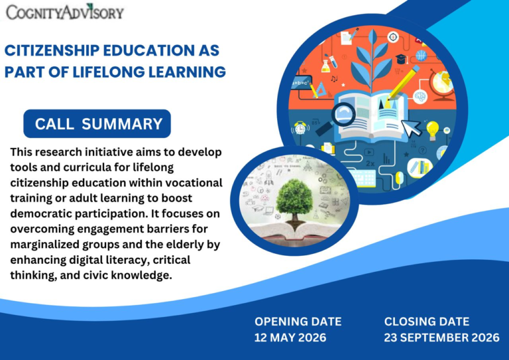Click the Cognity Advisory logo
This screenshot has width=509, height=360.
pyautogui.click(x=65, y=12)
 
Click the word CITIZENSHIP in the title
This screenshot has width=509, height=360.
pyautogui.click(x=52, y=50)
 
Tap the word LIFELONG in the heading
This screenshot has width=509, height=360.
pyautogui.click(x=109, y=72)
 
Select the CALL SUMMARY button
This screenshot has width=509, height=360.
pyautogui.click(x=97, y=124)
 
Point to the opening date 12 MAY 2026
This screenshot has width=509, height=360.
pyautogui.click(x=290, y=337)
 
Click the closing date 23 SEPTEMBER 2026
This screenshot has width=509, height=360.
pyautogui.click(x=441, y=337)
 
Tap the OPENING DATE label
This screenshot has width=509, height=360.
pyautogui.click(x=298, y=322)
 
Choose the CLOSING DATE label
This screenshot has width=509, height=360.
pyautogui.click(x=427, y=322)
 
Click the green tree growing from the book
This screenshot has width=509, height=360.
pyautogui.click(x=294, y=199)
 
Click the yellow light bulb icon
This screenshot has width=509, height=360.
pyautogui.click(x=432, y=131)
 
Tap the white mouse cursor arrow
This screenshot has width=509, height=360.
pyautogui.click(x=411, y=128)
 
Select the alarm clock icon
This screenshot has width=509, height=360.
pyautogui.click(x=300, y=128)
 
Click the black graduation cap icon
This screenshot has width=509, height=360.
pyautogui.click(x=401, y=59)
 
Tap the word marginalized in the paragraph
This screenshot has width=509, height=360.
pyautogui.click(x=44, y=245)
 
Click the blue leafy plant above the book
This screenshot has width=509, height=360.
pyautogui.click(x=372, y=60)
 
